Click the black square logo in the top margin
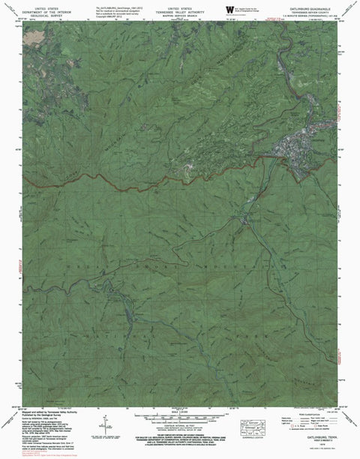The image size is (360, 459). click(x=229, y=7)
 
